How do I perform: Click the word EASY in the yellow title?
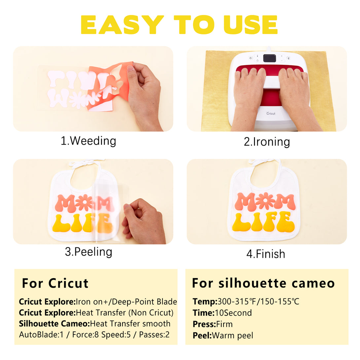122,25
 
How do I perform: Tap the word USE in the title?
251,25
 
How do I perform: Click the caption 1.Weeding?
89,141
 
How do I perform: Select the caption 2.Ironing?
267,142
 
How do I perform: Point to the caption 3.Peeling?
89,252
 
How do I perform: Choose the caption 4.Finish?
266,254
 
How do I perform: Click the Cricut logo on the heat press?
271,113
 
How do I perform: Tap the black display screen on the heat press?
270,58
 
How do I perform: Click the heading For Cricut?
55,283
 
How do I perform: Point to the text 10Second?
233,313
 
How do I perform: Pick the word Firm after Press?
224,324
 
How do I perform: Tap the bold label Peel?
202,336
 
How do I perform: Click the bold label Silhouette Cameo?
54,324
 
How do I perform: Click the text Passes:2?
154,335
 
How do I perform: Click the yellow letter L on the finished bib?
241,222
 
